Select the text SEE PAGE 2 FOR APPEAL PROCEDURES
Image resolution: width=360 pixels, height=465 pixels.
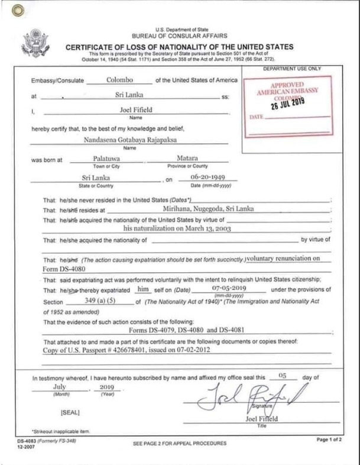(x=180, y=443)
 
